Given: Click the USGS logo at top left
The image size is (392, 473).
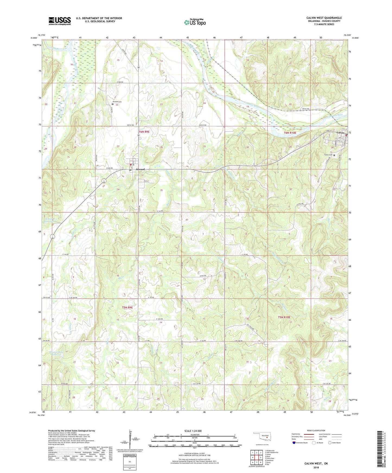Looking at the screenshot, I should [59, 21].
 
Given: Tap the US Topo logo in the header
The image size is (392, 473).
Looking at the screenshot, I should [195, 22].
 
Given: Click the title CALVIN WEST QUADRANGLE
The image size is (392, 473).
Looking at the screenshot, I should [324, 18].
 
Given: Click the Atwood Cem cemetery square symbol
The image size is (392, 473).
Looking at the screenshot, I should [113, 104].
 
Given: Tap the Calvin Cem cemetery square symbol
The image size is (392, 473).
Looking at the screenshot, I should [334, 155].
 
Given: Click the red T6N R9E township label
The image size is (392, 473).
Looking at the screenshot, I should [144, 132].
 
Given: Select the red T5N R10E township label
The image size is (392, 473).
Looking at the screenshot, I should [284, 317].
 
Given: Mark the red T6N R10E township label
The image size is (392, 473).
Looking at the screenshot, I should [290, 133].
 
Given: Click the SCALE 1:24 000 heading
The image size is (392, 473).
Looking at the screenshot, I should [193, 431].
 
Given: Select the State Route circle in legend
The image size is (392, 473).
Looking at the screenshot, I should [330, 443].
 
